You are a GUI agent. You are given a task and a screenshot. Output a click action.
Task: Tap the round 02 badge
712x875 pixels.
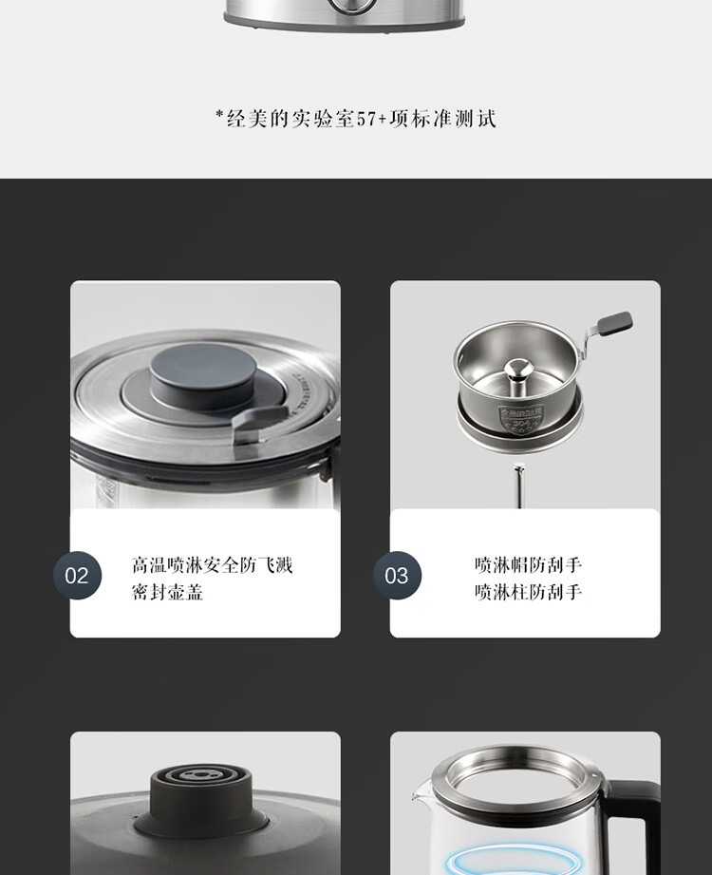[78, 576]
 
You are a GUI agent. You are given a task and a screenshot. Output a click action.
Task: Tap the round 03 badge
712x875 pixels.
[397, 576]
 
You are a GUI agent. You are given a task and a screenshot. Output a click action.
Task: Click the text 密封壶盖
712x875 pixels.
[167, 592]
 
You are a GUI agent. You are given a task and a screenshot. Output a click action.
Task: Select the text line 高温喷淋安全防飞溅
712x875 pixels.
[212, 565]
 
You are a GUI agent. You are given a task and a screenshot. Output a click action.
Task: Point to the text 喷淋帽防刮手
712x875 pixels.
[528, 565]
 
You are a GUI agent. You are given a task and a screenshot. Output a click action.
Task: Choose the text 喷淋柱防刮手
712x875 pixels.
[528, 592]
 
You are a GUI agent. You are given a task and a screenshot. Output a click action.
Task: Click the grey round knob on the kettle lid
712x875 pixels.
[203, 374]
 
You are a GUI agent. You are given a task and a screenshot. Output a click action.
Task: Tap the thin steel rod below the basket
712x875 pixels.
[519, 485]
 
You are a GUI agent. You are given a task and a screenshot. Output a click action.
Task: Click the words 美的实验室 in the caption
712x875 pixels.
[301, 119]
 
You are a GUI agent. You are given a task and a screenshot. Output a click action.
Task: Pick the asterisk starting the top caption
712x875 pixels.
[219, 114]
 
